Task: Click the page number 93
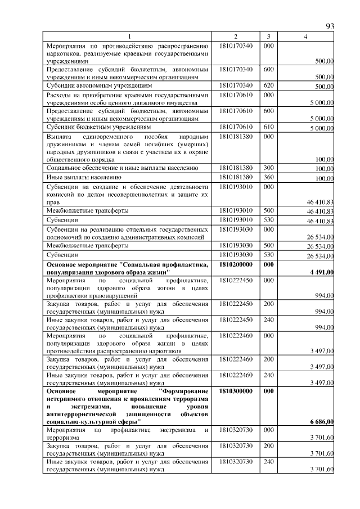pyautogui.click(x=330, y=26)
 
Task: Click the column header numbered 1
pyautogui.click(x=129, y=37)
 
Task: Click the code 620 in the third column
pyautogui.click(x=268, y=85)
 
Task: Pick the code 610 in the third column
pyautogui.click(x=268, y=127)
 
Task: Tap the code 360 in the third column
pyautogui.click(x=268, y=178)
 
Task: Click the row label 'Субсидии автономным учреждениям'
pyautogui.click(x=99, y=86)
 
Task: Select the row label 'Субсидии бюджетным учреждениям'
pyautogui.click(x=98, y=128)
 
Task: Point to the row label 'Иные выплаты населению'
pyautogui.click(x=83, y=178)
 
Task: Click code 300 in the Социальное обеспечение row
pyautogui.click(x=268, y=168)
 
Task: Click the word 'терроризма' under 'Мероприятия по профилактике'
pyautogui.click(x=63, y=437)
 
